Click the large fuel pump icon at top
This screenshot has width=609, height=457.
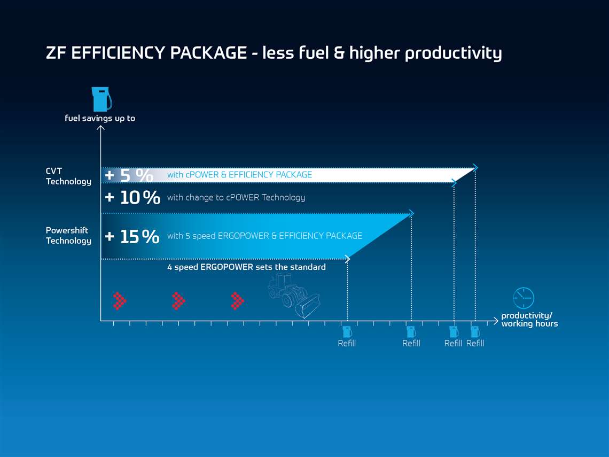tap(101, 99)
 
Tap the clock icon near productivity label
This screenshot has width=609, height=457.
tap(523, 298)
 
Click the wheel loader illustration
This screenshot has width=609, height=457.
tap(294, 295)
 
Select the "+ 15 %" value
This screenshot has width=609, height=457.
tap(132, 236)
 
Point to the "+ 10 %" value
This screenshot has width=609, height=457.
tap(132, 197)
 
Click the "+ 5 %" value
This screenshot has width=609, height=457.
tap(129, 175)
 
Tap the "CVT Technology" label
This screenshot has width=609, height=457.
tap(68, 176)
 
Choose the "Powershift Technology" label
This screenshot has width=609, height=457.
tap(68, 236)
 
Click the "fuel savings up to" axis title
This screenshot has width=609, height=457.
tap(100, 118)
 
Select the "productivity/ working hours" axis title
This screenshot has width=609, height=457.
tap(529, 320)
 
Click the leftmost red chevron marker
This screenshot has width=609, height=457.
tap(120, 301)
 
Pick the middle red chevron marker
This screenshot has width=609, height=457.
tap(178, 301)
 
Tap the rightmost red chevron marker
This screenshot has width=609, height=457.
tap(237, 301)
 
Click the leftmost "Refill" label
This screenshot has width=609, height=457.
tap(347, 343)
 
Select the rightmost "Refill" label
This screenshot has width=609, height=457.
tap(475, 343)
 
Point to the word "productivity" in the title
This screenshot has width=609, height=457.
tap(453, 53)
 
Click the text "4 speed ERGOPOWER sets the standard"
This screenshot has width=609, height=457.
tap(246, 267)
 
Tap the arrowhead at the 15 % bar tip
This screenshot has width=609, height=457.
tap(411, 213)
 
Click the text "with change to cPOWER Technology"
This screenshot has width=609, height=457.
tap(236, 197)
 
